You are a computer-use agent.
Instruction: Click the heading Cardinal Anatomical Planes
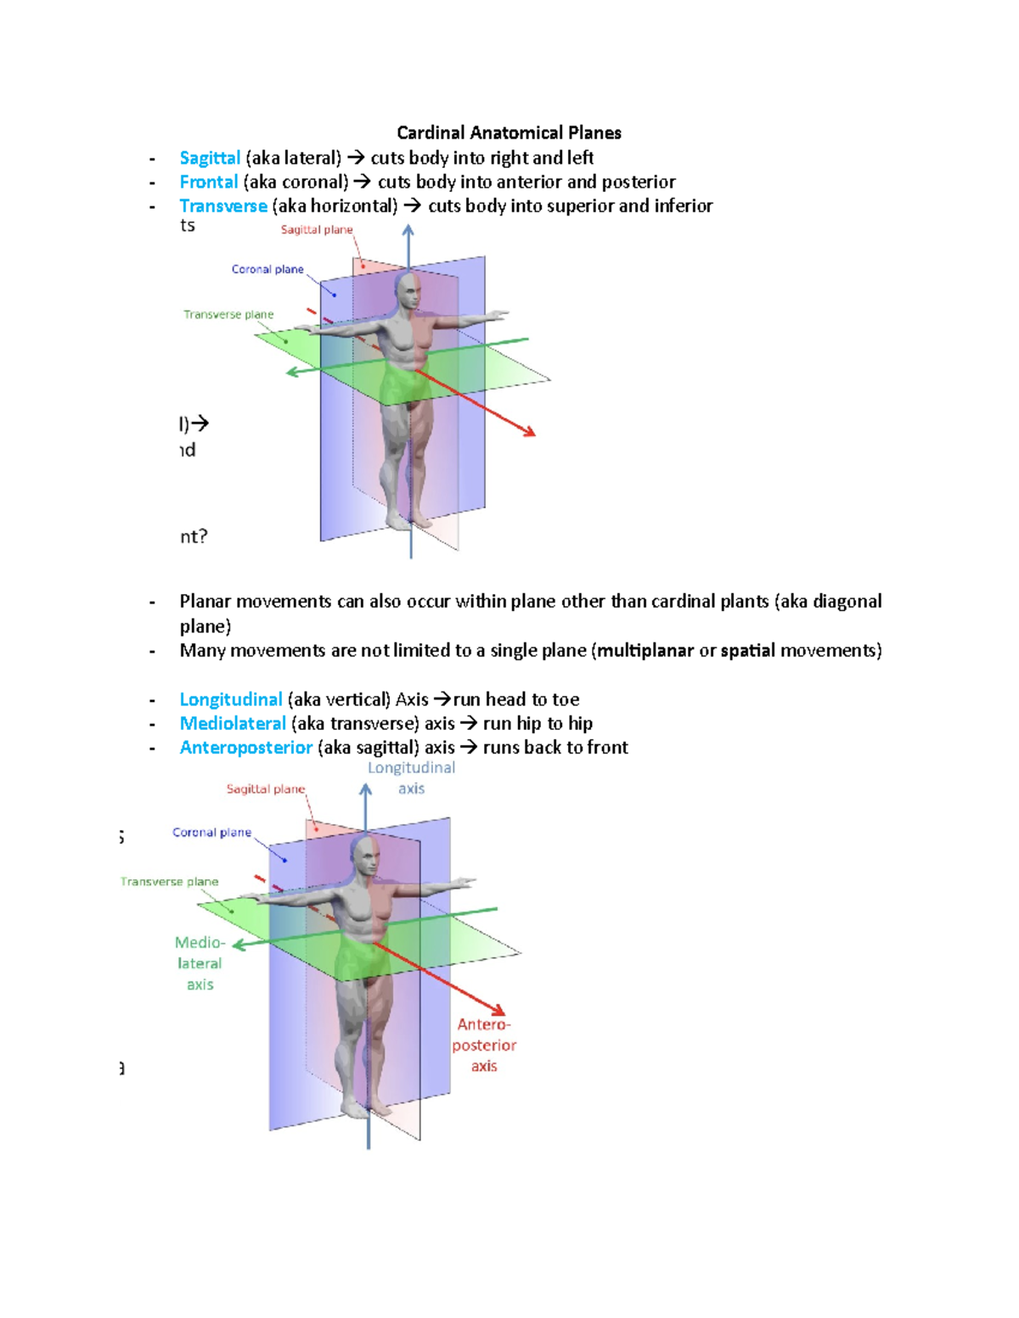[509, 133]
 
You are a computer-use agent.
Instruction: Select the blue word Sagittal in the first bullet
[210, 158]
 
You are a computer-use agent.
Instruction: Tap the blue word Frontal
[208, 182]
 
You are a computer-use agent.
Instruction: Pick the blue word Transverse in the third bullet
[223, 205]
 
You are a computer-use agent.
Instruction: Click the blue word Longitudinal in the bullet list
[230, 699]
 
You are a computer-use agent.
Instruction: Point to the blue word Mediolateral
[233, 723]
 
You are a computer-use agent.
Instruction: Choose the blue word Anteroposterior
[245, 747]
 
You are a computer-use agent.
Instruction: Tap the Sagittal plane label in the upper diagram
[316, 230]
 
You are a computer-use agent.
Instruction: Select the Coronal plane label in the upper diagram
[267, 269]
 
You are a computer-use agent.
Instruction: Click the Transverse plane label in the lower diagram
[169, 882]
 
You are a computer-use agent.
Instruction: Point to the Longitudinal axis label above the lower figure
[411, 777]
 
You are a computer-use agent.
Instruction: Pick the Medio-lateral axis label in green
[200, 963]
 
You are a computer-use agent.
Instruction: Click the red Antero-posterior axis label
[484, 1045]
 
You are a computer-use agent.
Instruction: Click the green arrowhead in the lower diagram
[239, 945]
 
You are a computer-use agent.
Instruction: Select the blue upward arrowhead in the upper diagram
[408, 231]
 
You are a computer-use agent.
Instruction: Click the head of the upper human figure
[408, 292]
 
